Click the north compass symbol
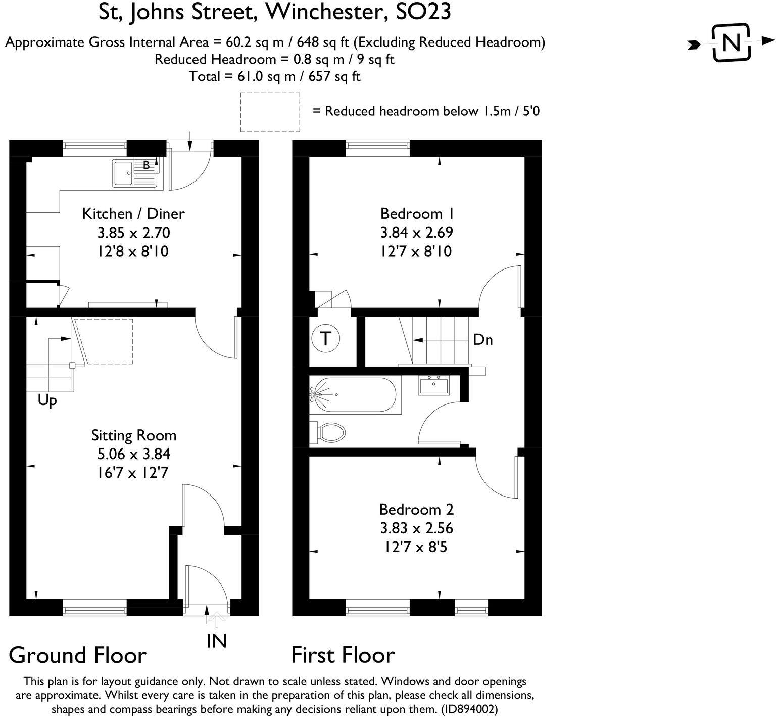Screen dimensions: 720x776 coord(731,43)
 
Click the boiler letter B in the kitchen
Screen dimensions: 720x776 coord(146,165)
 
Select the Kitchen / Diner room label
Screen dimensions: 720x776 coord(133,213)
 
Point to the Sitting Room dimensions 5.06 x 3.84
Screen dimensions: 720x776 coord(133,454)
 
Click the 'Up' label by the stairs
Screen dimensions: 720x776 coord(47,401)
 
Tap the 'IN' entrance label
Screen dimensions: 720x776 coord(217,641)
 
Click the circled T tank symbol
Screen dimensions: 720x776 coord(326,339)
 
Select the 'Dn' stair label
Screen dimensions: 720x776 coord(482,340)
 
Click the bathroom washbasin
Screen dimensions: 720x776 coord(433,385)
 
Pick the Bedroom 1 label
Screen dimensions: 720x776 coord(417,213)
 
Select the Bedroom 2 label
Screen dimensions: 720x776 coord(416,509)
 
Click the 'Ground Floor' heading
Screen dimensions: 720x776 coord(78,655)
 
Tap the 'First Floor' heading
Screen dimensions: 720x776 coord(343,655)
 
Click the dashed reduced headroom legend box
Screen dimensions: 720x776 coord(270,112)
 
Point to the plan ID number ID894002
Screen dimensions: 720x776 coord(469,709)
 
